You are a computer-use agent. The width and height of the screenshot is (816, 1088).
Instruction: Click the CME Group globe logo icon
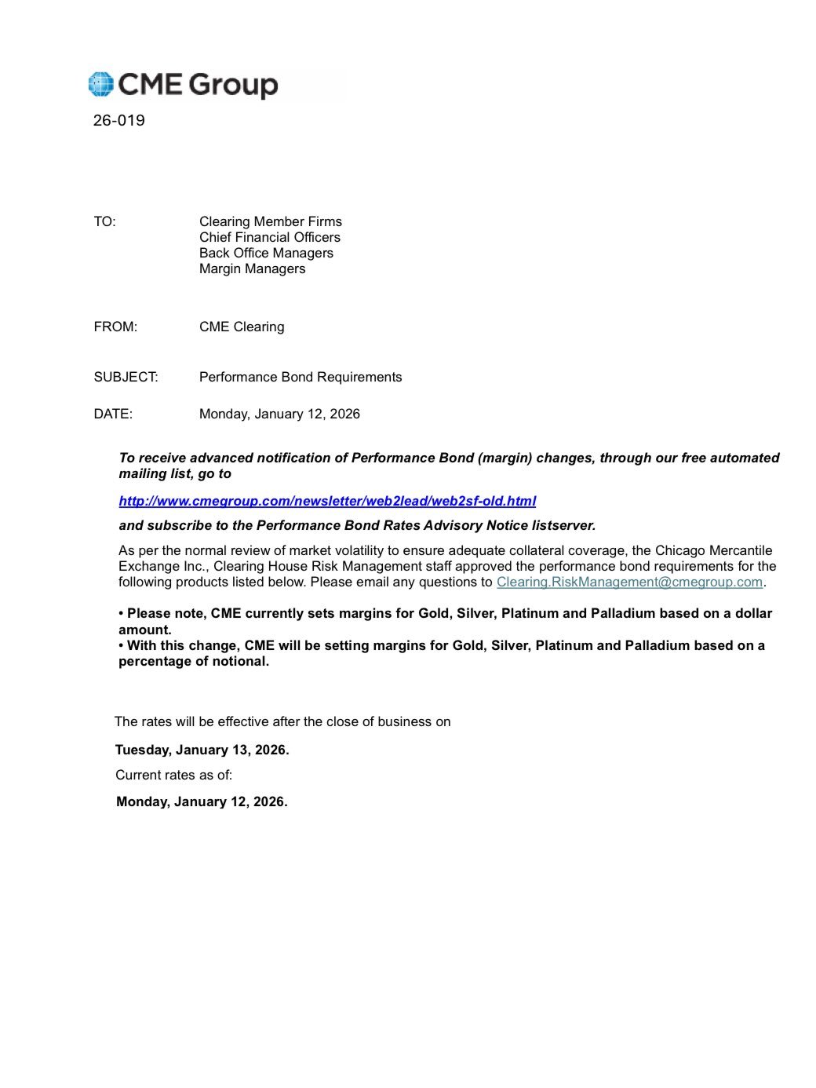click(101, 84)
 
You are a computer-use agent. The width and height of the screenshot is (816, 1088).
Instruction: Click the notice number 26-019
click(118, 120)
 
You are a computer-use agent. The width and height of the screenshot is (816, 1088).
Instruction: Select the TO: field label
click(104, 221)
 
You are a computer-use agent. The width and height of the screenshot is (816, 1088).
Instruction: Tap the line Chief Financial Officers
click(269, 237)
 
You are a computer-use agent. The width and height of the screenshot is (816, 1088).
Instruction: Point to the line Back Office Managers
click(266, 253)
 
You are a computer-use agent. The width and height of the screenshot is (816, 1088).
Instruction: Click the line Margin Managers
click(252, 268)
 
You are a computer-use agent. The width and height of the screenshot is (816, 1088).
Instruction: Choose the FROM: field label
click(115, 327)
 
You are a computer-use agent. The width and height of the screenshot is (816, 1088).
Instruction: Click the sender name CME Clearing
click(242, 327)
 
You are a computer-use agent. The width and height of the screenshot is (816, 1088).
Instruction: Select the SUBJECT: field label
click(126, 377)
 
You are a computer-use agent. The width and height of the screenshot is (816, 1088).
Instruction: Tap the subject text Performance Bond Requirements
click(301, 377)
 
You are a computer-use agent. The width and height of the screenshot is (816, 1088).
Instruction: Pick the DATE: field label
click(113, 414)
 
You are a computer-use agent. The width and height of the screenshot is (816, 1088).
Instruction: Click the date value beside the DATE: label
click(279, 414)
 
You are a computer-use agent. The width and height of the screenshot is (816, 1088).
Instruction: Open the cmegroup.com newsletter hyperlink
click(327, 501)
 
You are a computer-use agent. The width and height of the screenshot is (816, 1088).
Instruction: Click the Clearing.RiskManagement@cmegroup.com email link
click(629, 582)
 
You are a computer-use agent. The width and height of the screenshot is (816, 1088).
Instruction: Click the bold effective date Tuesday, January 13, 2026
click(202, 750)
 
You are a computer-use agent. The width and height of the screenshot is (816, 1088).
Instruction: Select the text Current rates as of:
click(173, 775)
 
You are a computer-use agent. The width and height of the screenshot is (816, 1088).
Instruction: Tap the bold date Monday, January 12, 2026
click(202, 801)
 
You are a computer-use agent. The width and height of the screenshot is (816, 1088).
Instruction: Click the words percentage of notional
click(193, 661)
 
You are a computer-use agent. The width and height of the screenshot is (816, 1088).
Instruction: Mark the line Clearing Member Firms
click(270, 221)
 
